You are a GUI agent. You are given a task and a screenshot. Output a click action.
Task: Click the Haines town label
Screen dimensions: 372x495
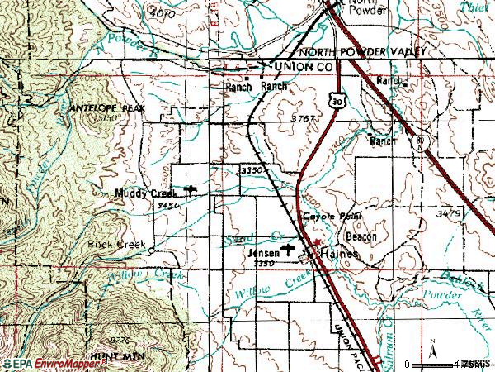[340, 255]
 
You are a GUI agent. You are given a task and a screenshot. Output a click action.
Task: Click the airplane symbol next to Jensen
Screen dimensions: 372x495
[288, 247]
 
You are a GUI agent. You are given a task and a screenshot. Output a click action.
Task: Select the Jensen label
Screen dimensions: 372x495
[263, 255]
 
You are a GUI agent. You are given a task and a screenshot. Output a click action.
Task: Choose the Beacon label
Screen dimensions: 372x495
[361, 236]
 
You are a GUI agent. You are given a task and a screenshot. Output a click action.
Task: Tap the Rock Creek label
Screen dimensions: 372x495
[120, 244]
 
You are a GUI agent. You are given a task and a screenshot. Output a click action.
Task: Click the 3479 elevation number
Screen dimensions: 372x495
[449, 212]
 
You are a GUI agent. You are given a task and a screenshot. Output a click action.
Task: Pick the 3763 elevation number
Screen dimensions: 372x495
[304, 119]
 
